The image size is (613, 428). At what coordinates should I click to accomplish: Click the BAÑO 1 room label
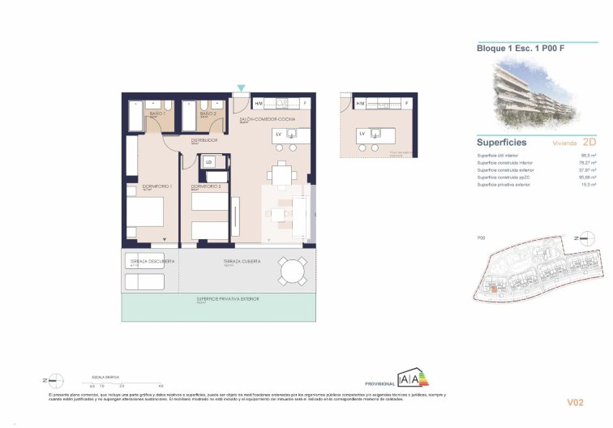tap(157, 114)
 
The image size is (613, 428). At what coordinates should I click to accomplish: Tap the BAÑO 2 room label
tap(208, 114)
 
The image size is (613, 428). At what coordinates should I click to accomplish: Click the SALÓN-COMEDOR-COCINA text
tap(267, 119)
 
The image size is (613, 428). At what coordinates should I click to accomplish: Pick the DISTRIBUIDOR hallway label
tap(204, 139)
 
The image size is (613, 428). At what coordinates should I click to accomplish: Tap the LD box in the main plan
tap(209, 162)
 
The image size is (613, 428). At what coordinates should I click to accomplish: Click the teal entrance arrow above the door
tap(240, 88)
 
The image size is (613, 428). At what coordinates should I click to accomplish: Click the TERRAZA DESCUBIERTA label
tap(148, 262)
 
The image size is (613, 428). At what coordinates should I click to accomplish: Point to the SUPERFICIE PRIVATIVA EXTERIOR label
tap(228, 299)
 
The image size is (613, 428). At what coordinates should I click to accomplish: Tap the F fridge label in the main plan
tap(305, 104)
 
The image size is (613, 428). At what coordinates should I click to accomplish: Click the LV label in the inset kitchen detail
tap(362, 134)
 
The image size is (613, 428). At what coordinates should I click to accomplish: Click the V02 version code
tap(576, 401)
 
